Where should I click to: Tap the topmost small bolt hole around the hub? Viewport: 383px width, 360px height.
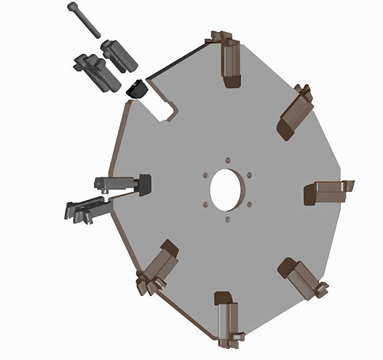click(x=227, y=160)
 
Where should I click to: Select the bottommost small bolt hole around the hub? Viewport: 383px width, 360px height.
click(x=228, y=219)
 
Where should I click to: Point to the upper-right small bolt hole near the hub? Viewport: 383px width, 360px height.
click(x=249, y=175)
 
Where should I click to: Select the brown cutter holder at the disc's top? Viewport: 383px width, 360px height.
click(x=229, y=61)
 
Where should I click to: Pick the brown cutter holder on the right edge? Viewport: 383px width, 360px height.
click(x=328, y=193)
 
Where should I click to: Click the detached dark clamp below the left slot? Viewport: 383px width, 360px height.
click(x=86, y=209)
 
